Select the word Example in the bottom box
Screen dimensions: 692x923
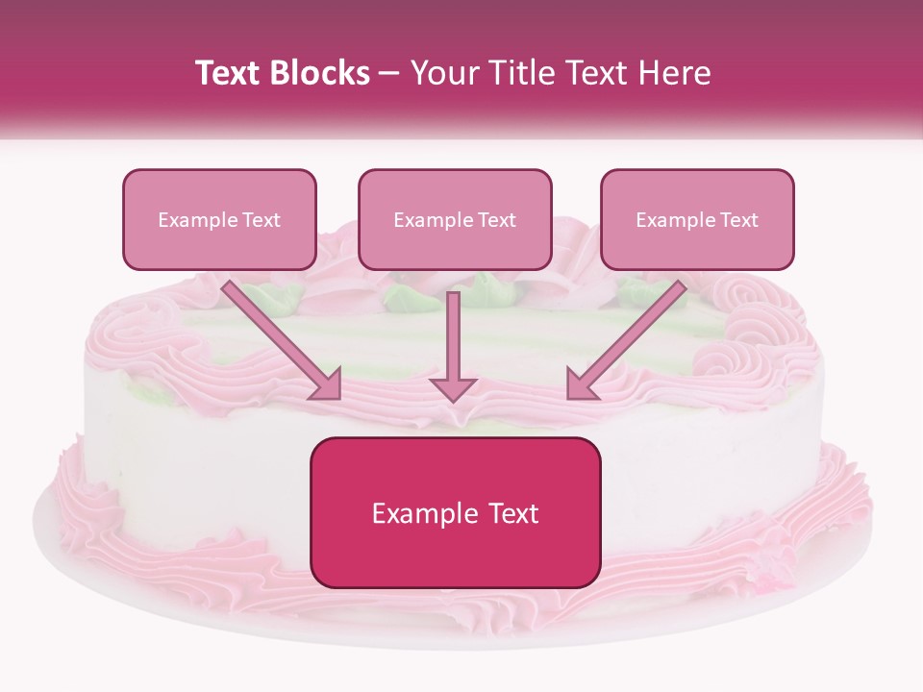416,513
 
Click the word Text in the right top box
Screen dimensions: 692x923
738,220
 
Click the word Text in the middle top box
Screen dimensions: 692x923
496,220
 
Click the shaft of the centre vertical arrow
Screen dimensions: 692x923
453,332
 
